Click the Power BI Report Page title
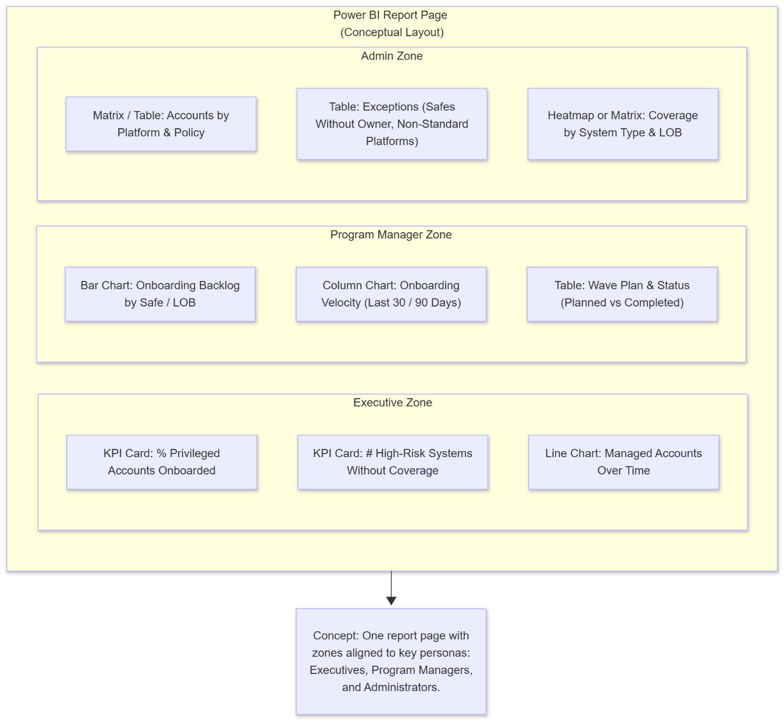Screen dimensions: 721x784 pyautogui.click(x=390, y=15)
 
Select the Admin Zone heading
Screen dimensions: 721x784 pyautogui.click(x=391, y=56)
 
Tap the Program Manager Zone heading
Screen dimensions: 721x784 pyautogui.click(x=391, y=235)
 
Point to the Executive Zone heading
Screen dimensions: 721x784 pyautogui.click(x=392, y=403)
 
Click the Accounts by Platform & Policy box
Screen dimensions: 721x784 pyautogui.click(x=161, y=124)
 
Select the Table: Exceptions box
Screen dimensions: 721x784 pyautogui.click(x=392, y=124)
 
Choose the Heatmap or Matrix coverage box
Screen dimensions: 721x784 pyautogui.click(x=622, y=124)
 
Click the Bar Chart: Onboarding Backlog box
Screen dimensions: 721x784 pyautogui.click(x=160, y=294)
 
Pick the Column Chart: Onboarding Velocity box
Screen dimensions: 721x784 pyautogui.click(x=391, y=294)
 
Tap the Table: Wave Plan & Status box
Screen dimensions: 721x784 pyautogui.click(x=622, y=294)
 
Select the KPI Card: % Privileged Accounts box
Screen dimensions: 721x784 pyautogui.click(x=162, y=462)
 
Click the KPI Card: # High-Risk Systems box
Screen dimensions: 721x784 pyautogui.click(x=392, y=462)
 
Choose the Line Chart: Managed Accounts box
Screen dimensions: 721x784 pyautogui.click(x=623, y=462)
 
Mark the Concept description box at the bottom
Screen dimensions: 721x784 pyautogui.click(x=391, y=661)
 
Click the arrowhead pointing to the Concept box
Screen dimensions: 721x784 pyautogui.click(x=391, y=601)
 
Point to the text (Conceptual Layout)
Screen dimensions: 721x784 pyautogui.click(x=392, y=32)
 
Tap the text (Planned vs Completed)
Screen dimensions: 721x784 pyautogui.click(x=622, y=303)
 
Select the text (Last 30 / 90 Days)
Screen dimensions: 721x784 pyautogui.click(x=413, y=303)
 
